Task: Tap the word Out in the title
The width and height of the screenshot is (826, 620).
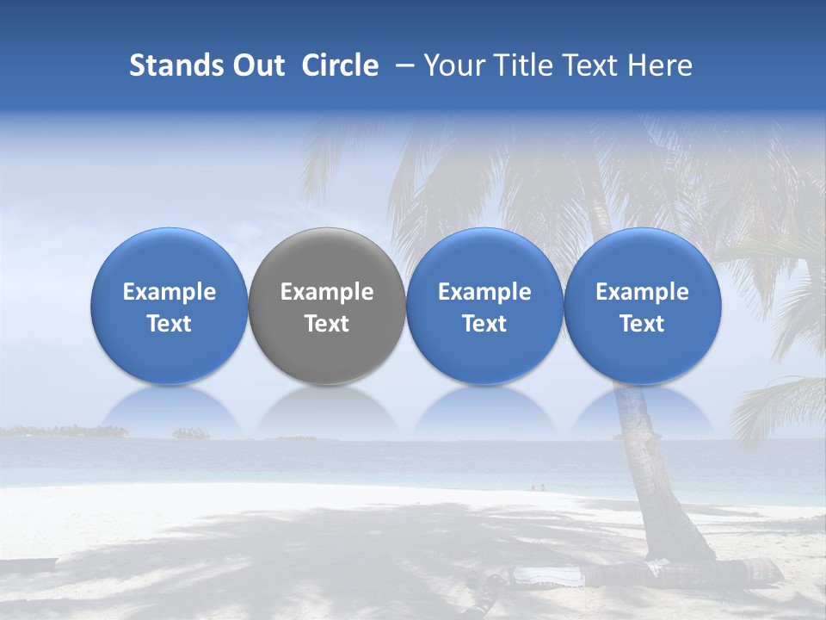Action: pyautogui.click(x=256, y=65)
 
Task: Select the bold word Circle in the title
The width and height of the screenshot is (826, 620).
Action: pyautogui.click(x=340, y=65)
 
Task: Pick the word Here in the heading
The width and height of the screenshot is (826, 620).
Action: pyautogui.click(x=662, y=65)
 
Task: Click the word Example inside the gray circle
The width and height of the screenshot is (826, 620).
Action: pyautogui.click(x=327, y=292)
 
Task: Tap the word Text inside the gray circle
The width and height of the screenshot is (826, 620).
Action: pyautogui.click(x=327, y=324)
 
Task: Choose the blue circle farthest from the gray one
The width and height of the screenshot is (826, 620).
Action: pyautogui.click(x=643, y=306)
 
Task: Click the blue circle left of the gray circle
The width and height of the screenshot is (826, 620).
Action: pyautogui.click(x=170, y=306)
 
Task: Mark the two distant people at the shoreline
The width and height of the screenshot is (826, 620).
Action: pyautogui.click(x=538, y=487)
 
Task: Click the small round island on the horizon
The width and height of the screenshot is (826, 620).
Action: pyautogui.click(x=191, y=433)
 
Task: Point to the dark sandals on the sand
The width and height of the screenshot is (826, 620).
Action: pyautogui.click(x=486, y=582)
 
